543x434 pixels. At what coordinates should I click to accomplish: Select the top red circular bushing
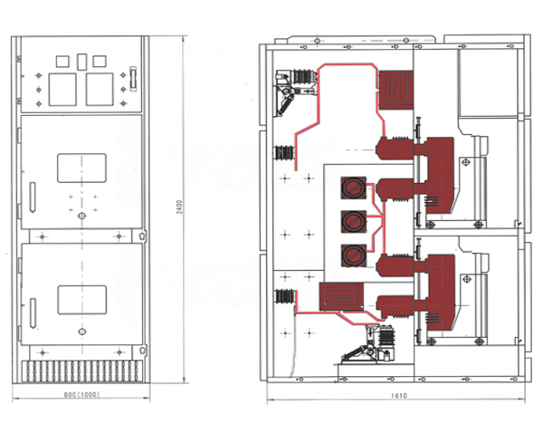[351, 188]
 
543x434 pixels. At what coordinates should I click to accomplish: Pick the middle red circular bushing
[351, 221]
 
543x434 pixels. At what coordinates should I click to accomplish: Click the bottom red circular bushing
[351, 254]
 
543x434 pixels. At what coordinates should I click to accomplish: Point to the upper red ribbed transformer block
[395, 90]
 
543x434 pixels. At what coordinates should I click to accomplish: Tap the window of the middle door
[82, 169]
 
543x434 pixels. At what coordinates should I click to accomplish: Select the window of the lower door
[82, 300]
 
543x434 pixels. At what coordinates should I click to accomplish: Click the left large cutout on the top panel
[62, 89]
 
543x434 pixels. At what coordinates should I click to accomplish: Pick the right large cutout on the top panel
[100, 89]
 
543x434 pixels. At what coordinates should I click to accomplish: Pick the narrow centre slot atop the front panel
[81, 61]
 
